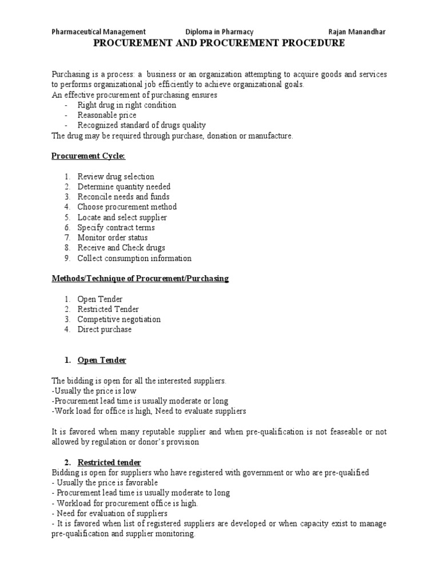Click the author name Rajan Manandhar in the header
coord(357,32)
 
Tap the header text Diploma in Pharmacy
coord(219,32)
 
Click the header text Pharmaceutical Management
coord(98,32)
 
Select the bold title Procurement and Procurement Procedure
coord(219,43)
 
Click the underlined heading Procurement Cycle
coord(88,156)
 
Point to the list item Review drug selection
coord(116,176)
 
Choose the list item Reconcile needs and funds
coord(123,197)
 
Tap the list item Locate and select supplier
coord(122,217)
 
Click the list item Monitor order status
coord(113,237)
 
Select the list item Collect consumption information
coord(134,258)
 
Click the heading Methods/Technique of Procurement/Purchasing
coord(140,279)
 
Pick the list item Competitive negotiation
coord(119,319)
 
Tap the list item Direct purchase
coord(105,330)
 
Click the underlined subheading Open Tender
coord(102,360)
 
